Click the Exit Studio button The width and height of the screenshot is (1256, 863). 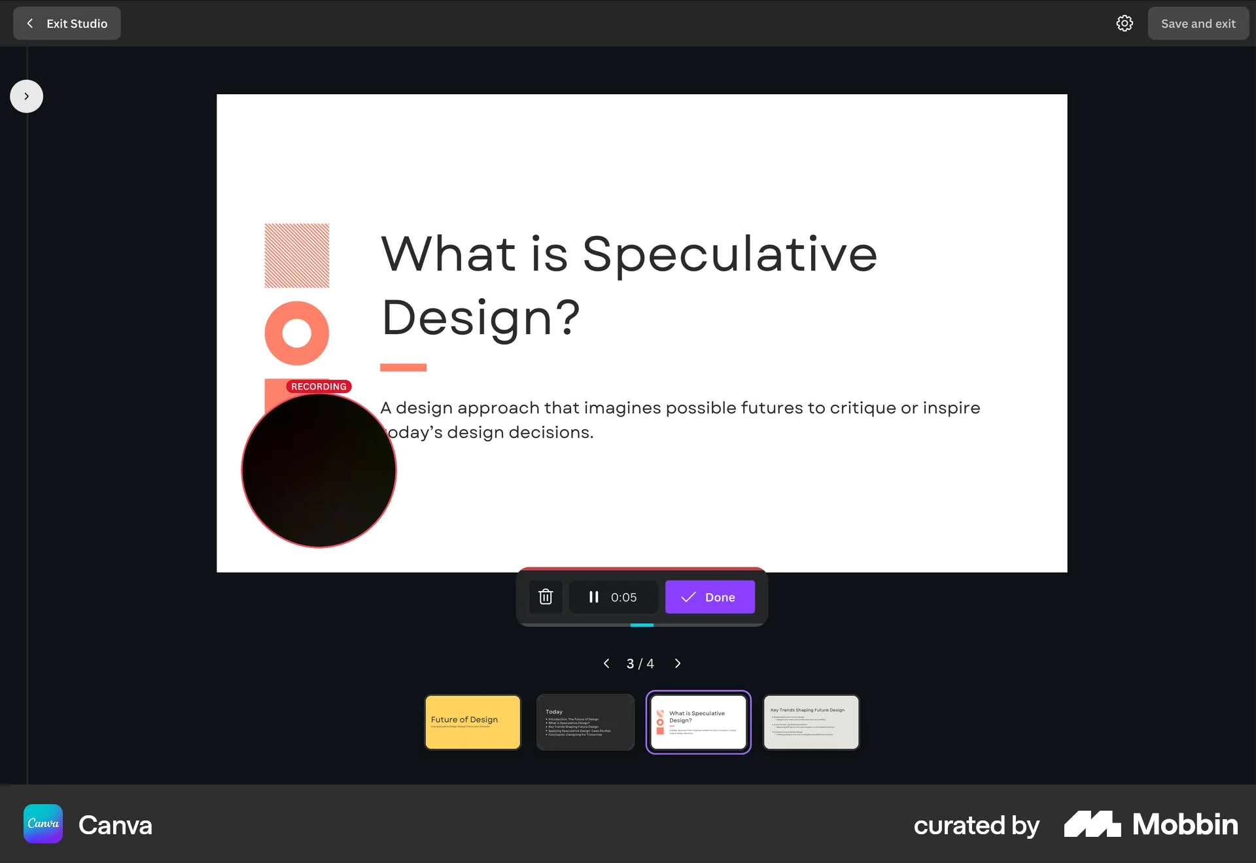(x=67, y=24)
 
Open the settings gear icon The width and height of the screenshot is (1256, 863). (x=1125, y=24)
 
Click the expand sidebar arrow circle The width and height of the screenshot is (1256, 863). (x=26, y=96)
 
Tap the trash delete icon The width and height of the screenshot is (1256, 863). (x=546, y=597)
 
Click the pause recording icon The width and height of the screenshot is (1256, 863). (x=593, y=597)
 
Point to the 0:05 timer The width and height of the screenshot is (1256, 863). (x=623, y=598)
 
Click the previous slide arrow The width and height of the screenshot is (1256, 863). (x=606, y=664)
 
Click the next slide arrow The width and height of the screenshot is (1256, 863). (x=678, y=664)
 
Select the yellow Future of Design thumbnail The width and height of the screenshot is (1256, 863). (x=472, y=722)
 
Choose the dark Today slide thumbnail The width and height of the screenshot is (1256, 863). (x=585, y=722)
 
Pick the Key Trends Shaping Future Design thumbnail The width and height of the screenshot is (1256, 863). (x=811, y=722)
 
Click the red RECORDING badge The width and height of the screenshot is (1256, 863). (x=319, y=386)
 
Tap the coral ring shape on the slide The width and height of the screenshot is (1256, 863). (x=296, y=333)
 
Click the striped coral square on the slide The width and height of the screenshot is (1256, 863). (x=296, y=256)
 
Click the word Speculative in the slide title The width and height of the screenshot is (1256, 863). (x=729, y=254)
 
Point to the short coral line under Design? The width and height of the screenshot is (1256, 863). (x=403, y=367)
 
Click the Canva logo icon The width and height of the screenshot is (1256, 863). (x=43, y=824)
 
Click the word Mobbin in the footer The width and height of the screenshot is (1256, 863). (x=1185, y=824)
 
